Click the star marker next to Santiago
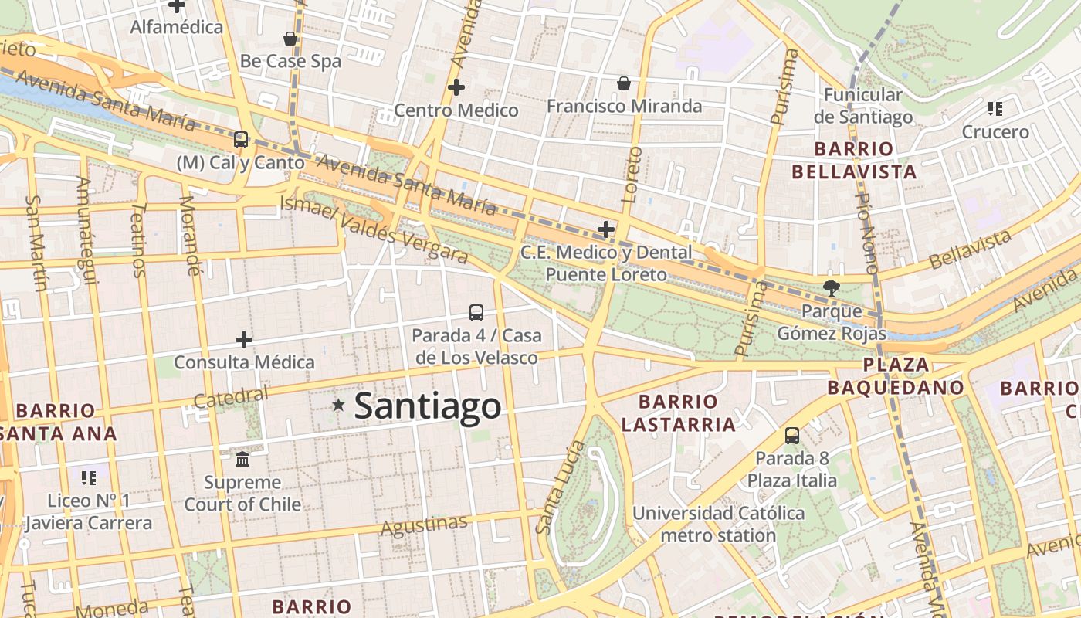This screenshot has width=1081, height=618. [x=338, y=405]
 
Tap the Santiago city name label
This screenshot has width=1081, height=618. [x=427, y=406]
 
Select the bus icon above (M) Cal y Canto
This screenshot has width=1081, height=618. [x=241, y=140]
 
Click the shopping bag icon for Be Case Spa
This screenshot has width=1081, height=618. [x=290, y=39]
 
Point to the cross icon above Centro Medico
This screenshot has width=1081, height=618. [x=456, y=87]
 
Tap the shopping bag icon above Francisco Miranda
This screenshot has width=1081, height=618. [x=624, y=83]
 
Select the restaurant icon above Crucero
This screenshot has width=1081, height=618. [x=995, y=109]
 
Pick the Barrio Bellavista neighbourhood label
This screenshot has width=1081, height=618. [x=854, y=160]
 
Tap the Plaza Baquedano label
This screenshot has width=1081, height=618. [x=896, y=375]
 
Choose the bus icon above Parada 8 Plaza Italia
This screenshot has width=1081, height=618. [x=792, y=436]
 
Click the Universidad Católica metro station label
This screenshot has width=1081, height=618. [x=718, y=524]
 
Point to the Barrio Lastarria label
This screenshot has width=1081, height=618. [x=679, y=413]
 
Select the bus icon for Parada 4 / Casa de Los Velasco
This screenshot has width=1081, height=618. [x=476, y=313]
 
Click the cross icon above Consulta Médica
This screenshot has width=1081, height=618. [x=244, y=340]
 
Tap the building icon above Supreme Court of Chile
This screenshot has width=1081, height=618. [x=242, y=460]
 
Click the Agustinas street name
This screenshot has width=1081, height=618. [x=424, y=525]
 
